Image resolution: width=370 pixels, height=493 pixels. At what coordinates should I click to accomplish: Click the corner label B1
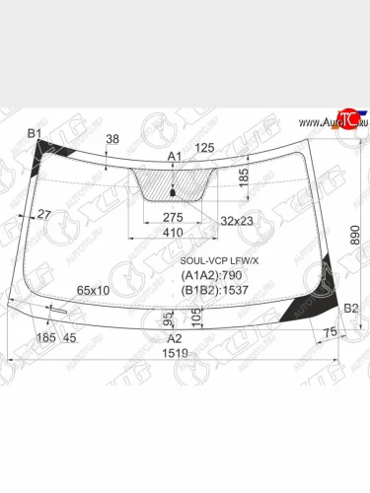tap(34, 133)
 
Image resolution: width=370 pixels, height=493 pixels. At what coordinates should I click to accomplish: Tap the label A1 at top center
tap(175, 157)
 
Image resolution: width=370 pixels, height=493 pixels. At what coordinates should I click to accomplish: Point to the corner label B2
tap(349, 309)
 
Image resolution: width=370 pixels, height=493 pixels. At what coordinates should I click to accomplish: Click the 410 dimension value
tap(174, 235)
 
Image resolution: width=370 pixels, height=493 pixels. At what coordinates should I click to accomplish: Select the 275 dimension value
tap(173, 217)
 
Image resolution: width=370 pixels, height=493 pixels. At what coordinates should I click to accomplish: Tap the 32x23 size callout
tap(236, 218)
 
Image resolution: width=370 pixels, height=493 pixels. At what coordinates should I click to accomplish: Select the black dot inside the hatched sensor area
tap(174, 190)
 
